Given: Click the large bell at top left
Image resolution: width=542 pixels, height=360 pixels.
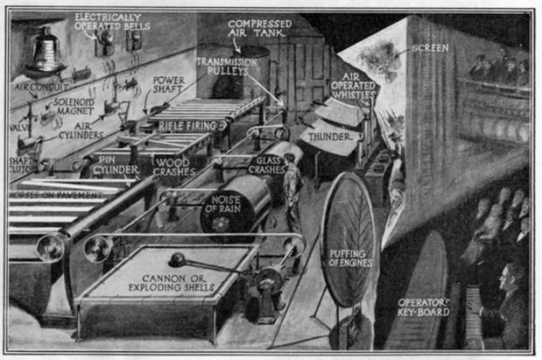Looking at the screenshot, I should coord(45,52).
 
